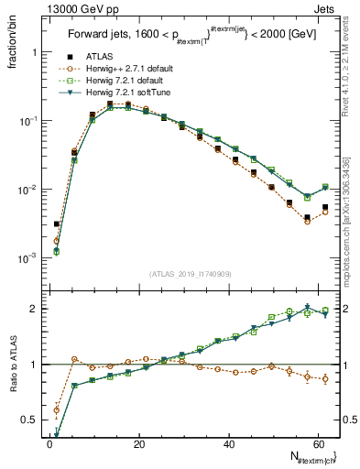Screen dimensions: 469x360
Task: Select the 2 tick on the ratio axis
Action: point(37,309)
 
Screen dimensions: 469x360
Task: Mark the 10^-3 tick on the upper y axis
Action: point(30,258)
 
